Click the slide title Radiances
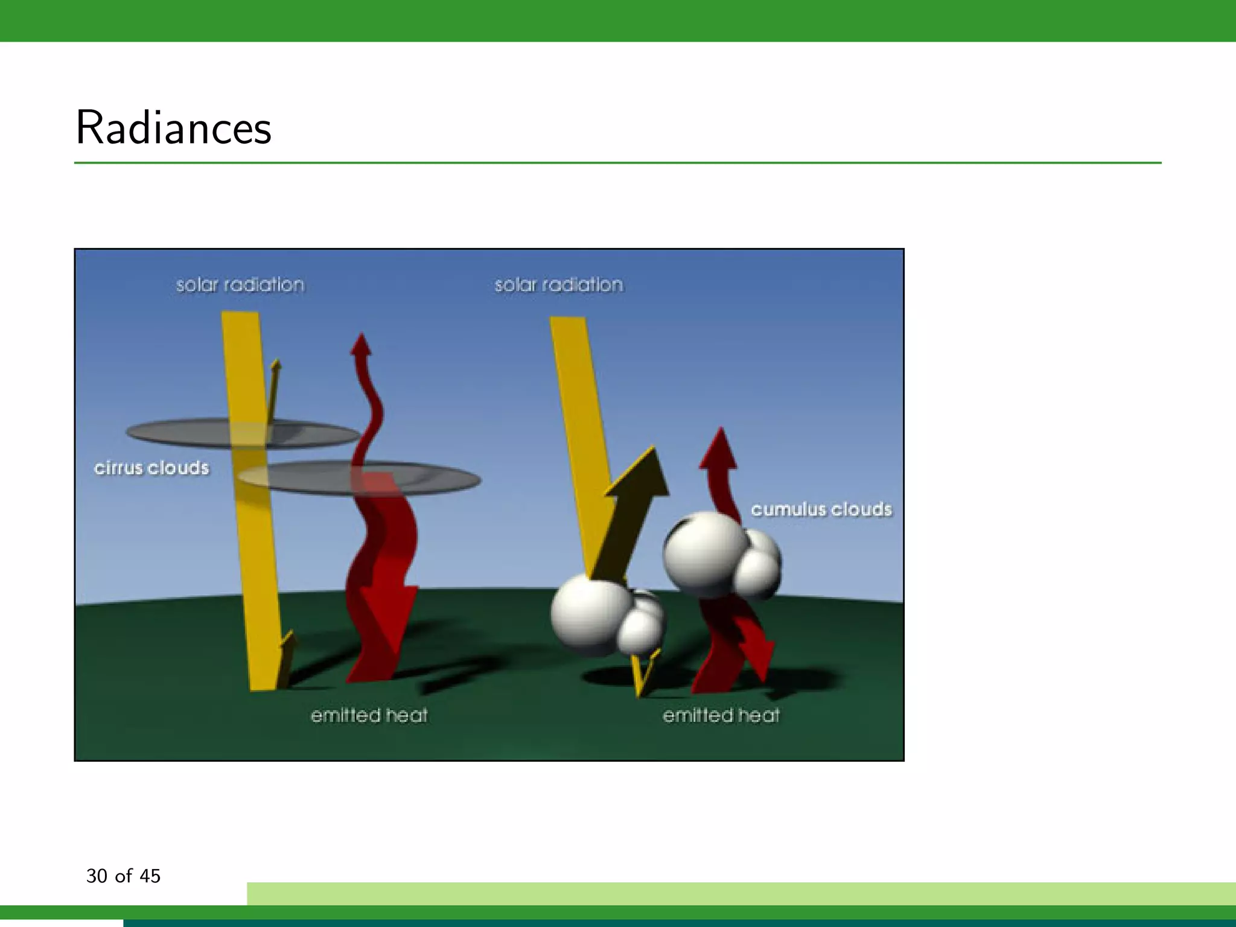point(173,128)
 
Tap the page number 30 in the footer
point(97,876)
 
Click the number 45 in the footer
point(150,876)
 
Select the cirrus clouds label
point(151,468)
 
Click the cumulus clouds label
point(821,509)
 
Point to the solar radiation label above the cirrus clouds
point(240,285)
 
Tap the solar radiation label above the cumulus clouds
point(558,285)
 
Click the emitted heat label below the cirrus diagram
point(369,716)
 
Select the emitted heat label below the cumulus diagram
point(721,716)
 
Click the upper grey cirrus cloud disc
point(181,432)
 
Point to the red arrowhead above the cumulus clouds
point(719,450)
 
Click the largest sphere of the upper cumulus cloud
point(703,552)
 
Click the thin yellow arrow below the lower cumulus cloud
point(643,676)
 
